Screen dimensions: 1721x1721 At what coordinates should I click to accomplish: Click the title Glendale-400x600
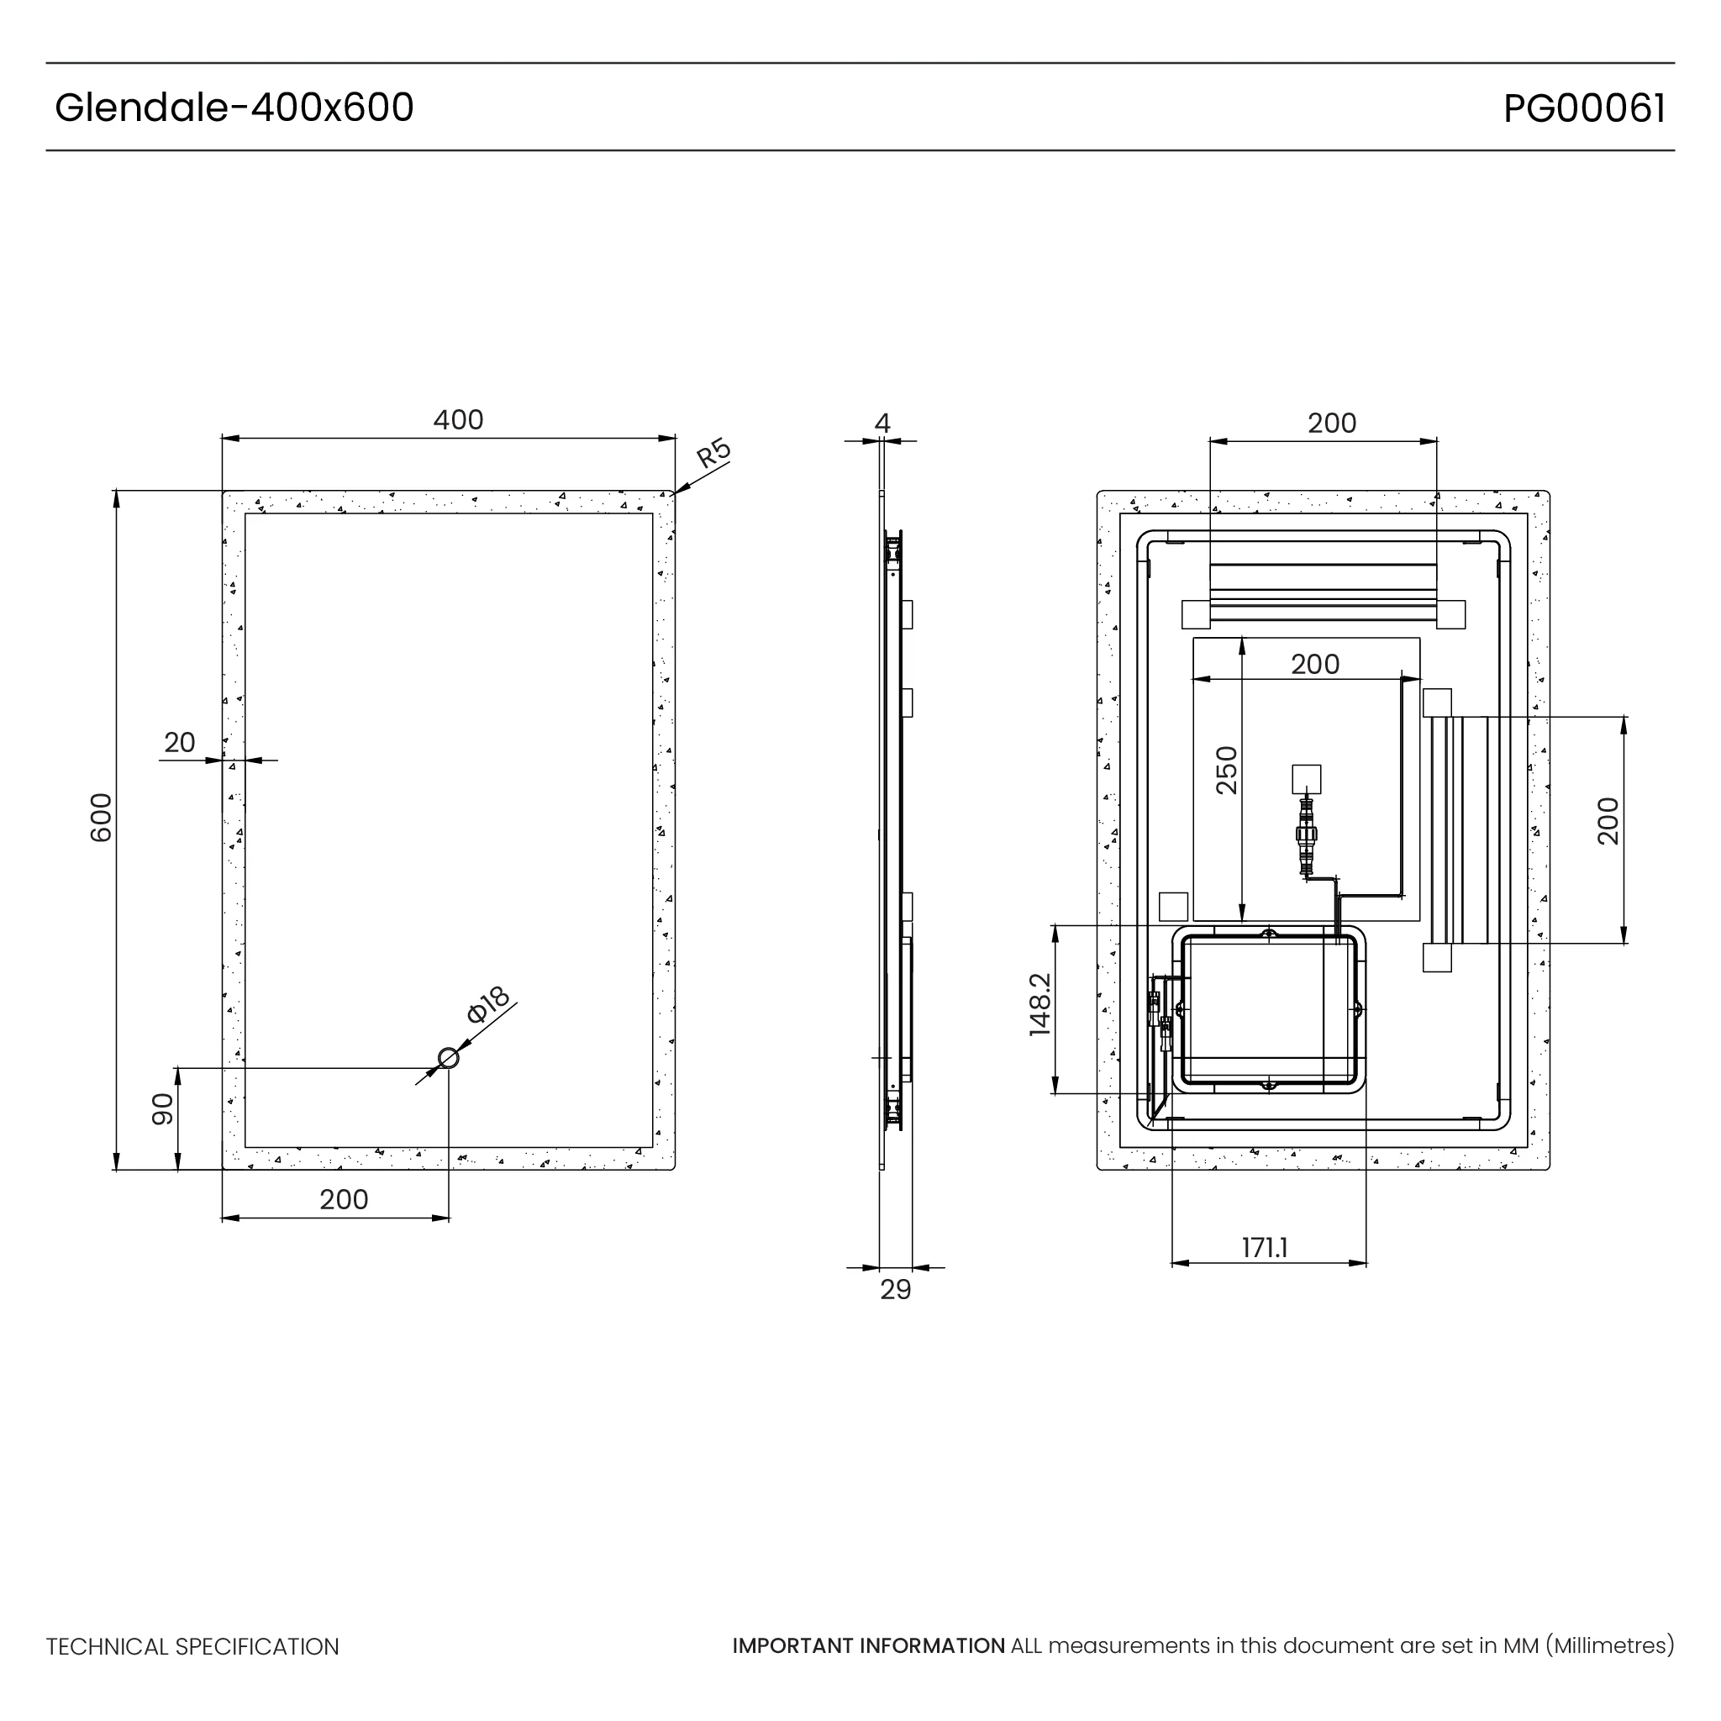coord(234,108)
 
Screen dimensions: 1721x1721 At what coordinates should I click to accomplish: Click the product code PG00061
coord(1584,108)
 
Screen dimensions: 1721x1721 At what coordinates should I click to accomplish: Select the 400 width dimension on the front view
coord(458,419)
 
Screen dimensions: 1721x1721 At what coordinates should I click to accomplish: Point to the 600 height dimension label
coord(102,817)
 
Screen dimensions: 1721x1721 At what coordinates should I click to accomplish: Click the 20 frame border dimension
coord(179,742)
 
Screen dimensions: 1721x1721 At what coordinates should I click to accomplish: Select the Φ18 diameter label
coord(487,1005)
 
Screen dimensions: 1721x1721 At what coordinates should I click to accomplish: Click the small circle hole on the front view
coord(448,1058)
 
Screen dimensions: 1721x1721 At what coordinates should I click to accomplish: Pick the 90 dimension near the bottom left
coord(162,1109)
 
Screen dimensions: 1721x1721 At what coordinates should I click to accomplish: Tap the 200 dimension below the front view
coord(344,1200)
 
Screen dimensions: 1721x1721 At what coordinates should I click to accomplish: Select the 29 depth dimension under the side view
coord(895,1289)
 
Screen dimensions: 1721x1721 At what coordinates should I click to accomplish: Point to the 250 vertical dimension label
coord(1227,770)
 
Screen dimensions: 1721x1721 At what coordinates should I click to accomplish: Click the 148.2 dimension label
coord(1039,1004)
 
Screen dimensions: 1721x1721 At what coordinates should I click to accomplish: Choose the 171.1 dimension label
coord(1265,1248)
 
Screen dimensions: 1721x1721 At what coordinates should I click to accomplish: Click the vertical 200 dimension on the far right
coord(1608,820)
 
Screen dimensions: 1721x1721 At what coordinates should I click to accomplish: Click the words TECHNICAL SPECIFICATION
coord(192,1647)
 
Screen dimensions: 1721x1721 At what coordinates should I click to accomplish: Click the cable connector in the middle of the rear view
coord(1307,834)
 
